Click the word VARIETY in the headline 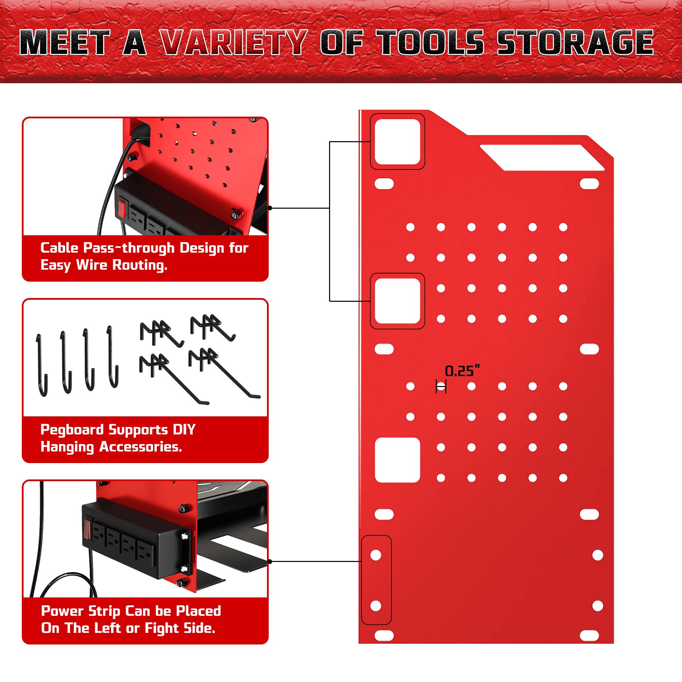pos(233,43)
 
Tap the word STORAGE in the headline pos(575,43)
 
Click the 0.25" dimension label pos(462,371)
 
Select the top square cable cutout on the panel pos(397,142)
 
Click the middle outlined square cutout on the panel pos(397,301)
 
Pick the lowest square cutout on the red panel pos(397,460)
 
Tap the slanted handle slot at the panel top pos(542,158)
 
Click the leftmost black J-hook pos(42,365)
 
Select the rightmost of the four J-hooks pos(113,357)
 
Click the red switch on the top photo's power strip pos(122,208)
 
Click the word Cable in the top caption pos(59,248)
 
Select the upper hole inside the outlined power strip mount pos(375,555)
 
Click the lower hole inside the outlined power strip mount pos(375,606)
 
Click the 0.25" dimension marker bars pos(441,387)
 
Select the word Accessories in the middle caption pos(140,447)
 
